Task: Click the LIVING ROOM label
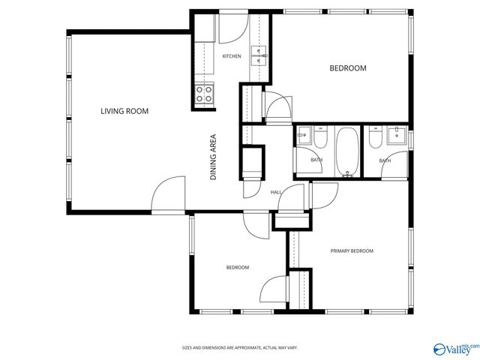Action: click(124, 111)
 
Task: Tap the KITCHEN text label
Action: click(232, 56)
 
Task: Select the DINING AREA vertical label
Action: click(213, 157)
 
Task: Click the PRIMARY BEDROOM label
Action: click(352, 250)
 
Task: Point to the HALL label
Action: click(276, 193)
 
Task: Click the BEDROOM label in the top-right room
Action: click(348, 68)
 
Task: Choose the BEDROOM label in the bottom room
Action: click(238, 267)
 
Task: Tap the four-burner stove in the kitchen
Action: click(203, 94)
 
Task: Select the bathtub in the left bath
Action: click(347, 151)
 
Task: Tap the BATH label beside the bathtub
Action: click(316, 160)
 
